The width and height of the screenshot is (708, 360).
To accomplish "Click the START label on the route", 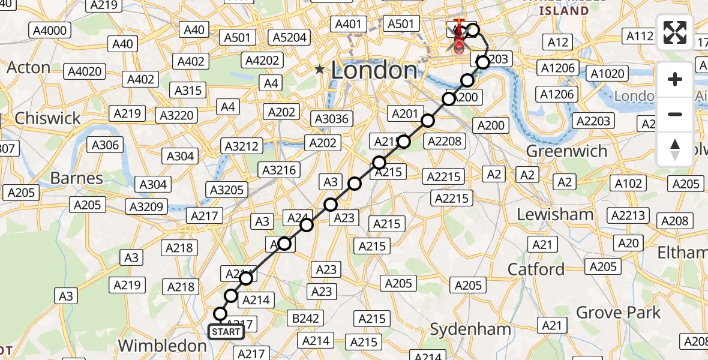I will click(x=226, y=332).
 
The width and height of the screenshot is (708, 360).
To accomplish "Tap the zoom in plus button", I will click(x=675, y=79).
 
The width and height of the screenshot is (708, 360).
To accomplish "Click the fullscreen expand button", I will click(x=675, y=32).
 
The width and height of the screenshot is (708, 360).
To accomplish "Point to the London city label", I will click(x=374, y=71).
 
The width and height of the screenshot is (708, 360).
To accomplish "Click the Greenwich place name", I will click(x=566, y=151).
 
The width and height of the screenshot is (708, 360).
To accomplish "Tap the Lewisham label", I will click(x=556, y=214).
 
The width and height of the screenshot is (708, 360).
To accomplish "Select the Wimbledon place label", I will click(x=162, y=346).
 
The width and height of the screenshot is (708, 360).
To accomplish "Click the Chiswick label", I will click(x=47, y=118).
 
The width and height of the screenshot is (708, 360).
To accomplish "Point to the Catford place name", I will click(x=536, y=269).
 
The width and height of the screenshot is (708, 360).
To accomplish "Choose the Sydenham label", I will click(x=470, y=329).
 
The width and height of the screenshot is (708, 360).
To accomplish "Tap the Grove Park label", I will click(x=618, y=313).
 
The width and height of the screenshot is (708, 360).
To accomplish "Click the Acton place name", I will click(x=29, y=68).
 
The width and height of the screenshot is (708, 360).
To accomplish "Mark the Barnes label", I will click(x=76, y=178).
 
